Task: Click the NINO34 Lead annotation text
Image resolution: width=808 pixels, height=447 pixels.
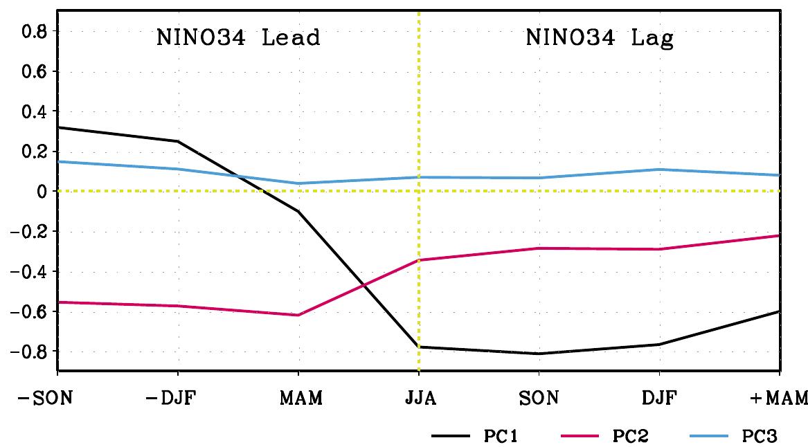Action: (x=237, y=37)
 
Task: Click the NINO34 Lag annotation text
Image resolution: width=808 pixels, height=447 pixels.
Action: (x=600, y=37)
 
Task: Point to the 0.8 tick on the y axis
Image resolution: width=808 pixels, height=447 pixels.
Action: (x=33, y=31)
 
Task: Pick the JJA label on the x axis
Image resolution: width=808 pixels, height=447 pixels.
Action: (x=419, y=399)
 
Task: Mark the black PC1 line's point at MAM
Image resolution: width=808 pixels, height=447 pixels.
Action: (x=299, y=211)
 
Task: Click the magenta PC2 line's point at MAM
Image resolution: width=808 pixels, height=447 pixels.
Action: (x=299, y=315)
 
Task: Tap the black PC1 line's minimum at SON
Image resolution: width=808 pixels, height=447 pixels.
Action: (x=539, y=354)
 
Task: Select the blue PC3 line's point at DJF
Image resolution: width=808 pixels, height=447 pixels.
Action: (x=660, y=169)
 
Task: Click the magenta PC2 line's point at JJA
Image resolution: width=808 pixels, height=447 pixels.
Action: (x=419, y=259)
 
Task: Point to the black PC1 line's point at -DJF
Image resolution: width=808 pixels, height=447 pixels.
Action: (x=179, y=141)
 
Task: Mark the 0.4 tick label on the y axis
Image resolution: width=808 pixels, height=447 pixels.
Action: (x=33, y=111)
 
